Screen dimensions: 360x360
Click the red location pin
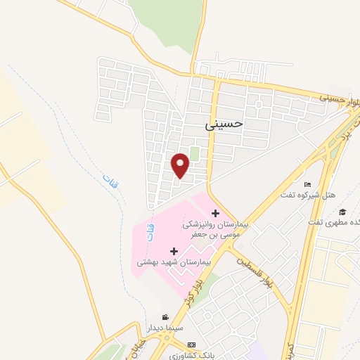coord(181,165)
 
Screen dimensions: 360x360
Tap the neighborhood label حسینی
coord(223,124)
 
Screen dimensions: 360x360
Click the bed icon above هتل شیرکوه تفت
coord(306,184)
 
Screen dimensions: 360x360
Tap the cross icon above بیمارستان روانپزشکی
coord(215,213)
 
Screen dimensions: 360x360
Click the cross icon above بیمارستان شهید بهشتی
coord(174,250)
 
